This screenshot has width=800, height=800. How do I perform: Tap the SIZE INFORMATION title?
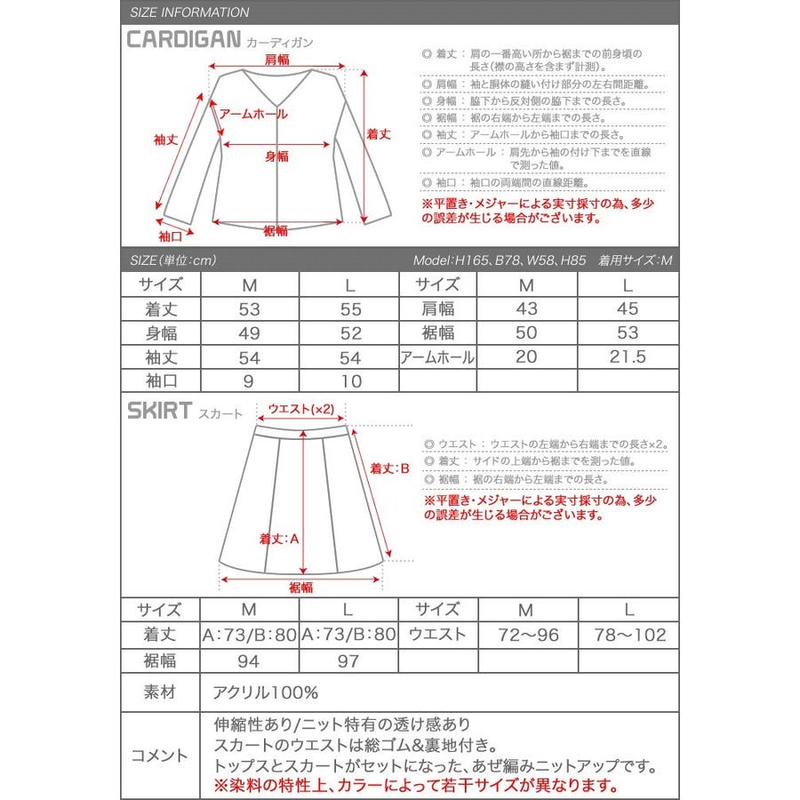point(189,12)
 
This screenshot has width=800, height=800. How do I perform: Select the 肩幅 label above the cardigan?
point(277,59)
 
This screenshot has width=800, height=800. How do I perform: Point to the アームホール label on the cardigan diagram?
point(253,115)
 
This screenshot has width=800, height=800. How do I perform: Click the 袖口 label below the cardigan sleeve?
point(171,236)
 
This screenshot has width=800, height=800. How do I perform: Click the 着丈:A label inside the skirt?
point(278,540)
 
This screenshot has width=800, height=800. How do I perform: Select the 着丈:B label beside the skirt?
point(389,468)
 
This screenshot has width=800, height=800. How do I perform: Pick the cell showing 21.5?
point(628,357)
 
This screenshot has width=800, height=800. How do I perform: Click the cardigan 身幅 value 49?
point(250,333)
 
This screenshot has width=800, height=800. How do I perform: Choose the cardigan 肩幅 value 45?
point(628,309)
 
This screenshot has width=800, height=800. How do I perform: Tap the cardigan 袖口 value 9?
point(250,381)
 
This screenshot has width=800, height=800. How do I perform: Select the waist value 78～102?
point(628,635)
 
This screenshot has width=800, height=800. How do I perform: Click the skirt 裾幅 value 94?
point(249,660)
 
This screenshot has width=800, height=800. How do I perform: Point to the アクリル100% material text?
point(265,692)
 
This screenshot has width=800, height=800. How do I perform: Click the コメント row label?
point(160,756)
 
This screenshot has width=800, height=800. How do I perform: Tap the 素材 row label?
point(160,692)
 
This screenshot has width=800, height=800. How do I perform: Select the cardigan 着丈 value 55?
point(350,309)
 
